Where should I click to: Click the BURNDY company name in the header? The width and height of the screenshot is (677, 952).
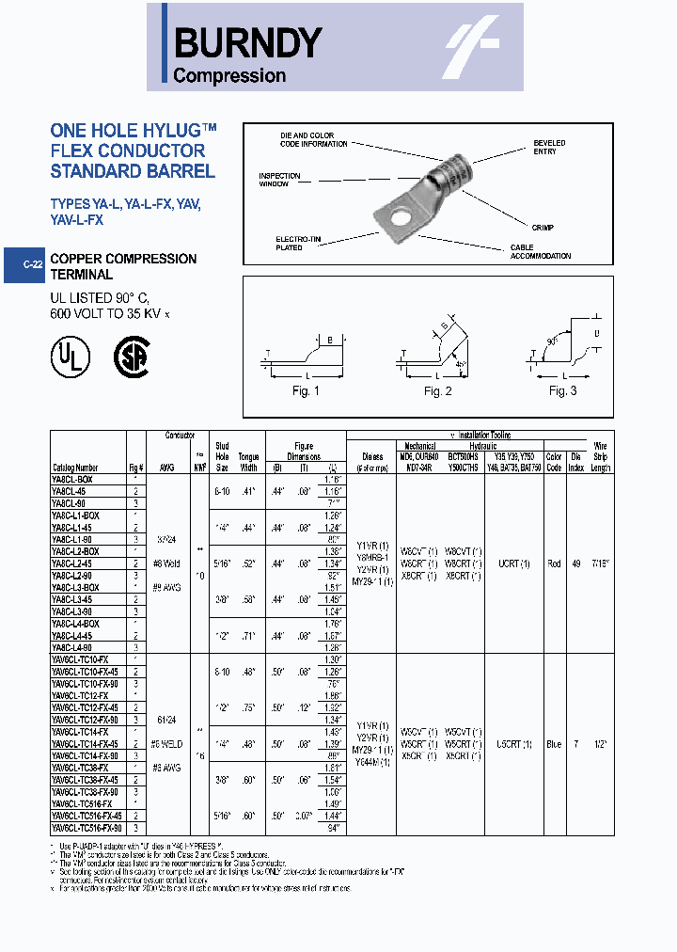tap(248, 42)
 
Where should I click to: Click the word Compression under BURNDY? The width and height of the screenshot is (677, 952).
tap(229, 76)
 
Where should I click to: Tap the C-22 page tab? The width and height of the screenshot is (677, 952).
tap(32, 265)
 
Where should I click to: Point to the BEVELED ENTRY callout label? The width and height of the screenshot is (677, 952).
tap(549, 147)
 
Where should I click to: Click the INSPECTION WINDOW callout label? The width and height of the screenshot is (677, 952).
tap(279, 180)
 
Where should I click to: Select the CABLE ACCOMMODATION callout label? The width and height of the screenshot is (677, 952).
tap(540, 251)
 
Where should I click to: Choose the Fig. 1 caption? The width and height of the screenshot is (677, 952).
tap(306, 391)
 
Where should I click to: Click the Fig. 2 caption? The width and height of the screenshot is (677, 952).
tap(437, 391)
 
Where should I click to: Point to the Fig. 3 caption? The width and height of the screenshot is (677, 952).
tap(562, 391)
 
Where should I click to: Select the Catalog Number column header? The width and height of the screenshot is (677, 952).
tap(74, 468)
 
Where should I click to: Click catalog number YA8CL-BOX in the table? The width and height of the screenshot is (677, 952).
tap(73, 479)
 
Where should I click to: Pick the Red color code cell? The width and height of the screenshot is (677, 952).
tap(554, 563)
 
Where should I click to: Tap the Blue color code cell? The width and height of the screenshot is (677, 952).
tap(554, 743)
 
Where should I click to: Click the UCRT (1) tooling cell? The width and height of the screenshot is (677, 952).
tap(513, 563)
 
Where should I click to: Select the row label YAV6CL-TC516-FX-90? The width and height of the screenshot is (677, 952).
tap(85, 828)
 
